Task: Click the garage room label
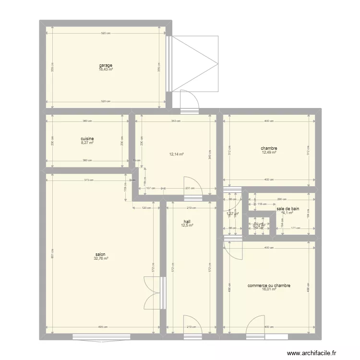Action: point(106,65)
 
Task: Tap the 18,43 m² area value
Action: point(106,69)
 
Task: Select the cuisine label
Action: point(87,139)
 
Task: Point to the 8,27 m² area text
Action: point(87,143)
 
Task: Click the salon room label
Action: point(101,254)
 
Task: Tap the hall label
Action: point(187,221)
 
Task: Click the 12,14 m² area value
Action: point(176,155)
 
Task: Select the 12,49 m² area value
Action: point(269,152)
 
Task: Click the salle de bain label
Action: point(288,209)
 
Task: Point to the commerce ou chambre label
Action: point(269,286)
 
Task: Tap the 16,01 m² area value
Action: point(269,289)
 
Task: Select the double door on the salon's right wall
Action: point(155,293)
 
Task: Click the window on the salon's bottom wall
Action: point(100,336)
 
